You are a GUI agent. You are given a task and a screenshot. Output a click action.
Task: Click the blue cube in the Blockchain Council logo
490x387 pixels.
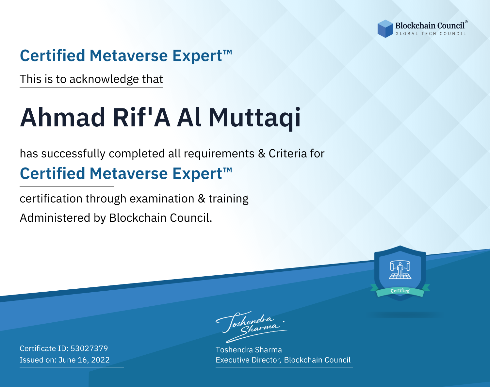coord(385,29)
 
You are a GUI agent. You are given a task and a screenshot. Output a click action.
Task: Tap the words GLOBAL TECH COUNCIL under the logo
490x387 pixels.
coord(431,34)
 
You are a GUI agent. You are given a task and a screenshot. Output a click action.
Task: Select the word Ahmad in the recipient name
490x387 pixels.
coord(63,118)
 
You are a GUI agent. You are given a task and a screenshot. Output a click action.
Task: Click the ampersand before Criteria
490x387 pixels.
coord(262,154)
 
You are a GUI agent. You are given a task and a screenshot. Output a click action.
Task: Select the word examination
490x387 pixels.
coord(162,199)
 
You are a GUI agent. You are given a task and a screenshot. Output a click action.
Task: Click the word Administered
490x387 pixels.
coord(55,218)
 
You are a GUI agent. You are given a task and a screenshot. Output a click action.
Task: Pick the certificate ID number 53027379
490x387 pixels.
coord(89,348)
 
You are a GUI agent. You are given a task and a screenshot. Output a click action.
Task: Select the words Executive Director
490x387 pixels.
coord(248,360)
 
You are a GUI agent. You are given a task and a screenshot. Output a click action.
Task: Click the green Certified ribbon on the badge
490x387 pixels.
coord(400,291)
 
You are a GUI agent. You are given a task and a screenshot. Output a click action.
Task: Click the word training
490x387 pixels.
coord(228,199)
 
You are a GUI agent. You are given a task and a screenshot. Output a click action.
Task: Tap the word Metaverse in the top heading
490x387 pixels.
coord(129,56)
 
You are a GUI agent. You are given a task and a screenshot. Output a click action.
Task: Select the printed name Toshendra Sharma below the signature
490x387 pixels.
coord(249,350)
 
